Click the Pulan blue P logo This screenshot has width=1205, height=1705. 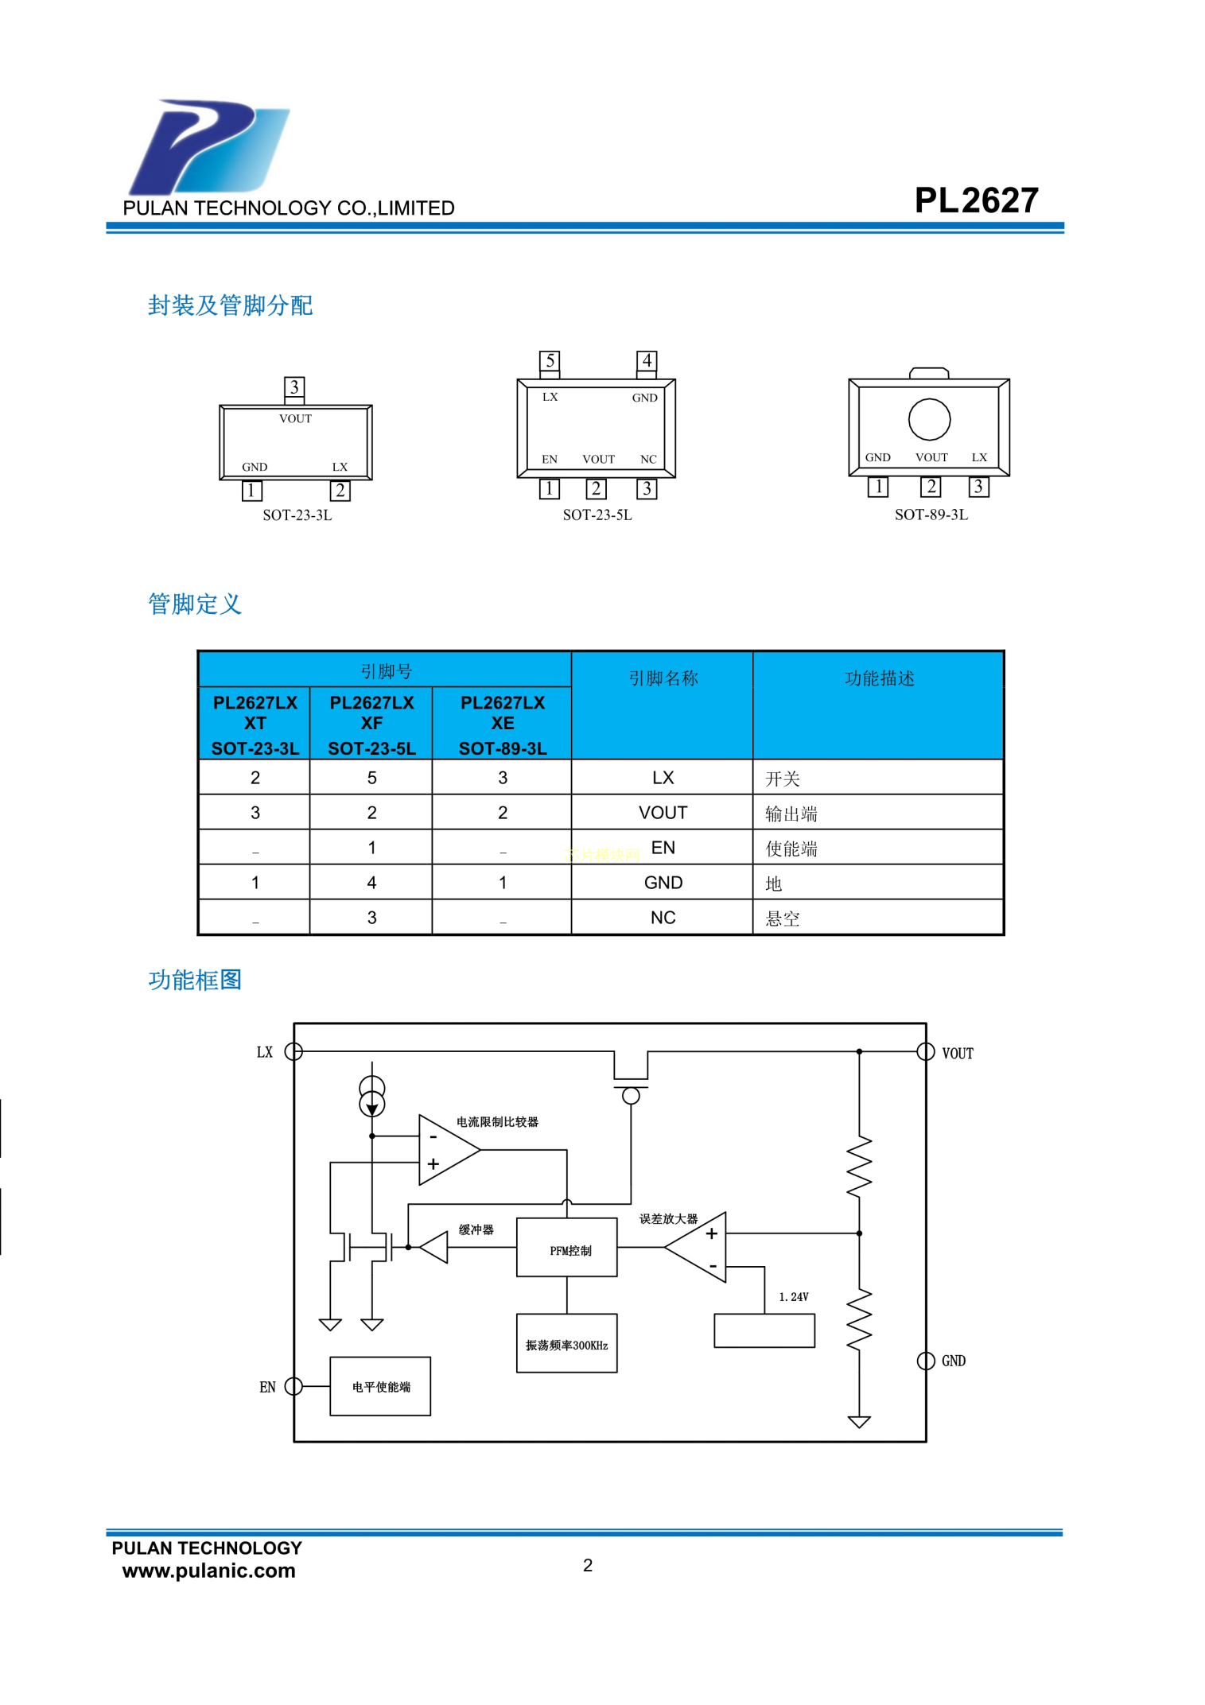click(208, 147)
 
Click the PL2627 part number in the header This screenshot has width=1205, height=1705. click(976, 200)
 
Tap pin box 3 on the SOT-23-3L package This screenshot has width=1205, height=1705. click(294, 387)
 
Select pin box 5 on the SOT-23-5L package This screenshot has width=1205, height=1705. click(550, 361)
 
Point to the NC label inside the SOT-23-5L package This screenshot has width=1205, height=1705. click(648, 460)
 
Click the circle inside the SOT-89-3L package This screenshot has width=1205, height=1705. click(929, 419)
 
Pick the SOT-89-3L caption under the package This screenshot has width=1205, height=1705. click(931, 515)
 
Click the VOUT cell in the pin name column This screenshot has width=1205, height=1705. click(663, 813)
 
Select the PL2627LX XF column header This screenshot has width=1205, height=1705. click(371, 724)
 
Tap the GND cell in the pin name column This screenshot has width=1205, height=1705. click(663, 883)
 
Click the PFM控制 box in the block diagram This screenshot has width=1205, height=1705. click(567, 1248)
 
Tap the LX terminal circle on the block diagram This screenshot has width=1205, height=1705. click(293, 1052)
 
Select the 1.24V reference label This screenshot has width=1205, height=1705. click(794, 1297)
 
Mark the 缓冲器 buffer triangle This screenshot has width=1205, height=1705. click(435, 1247)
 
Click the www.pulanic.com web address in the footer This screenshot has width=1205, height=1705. click(208, 1571)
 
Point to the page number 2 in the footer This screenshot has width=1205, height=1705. click(588, 1565)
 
